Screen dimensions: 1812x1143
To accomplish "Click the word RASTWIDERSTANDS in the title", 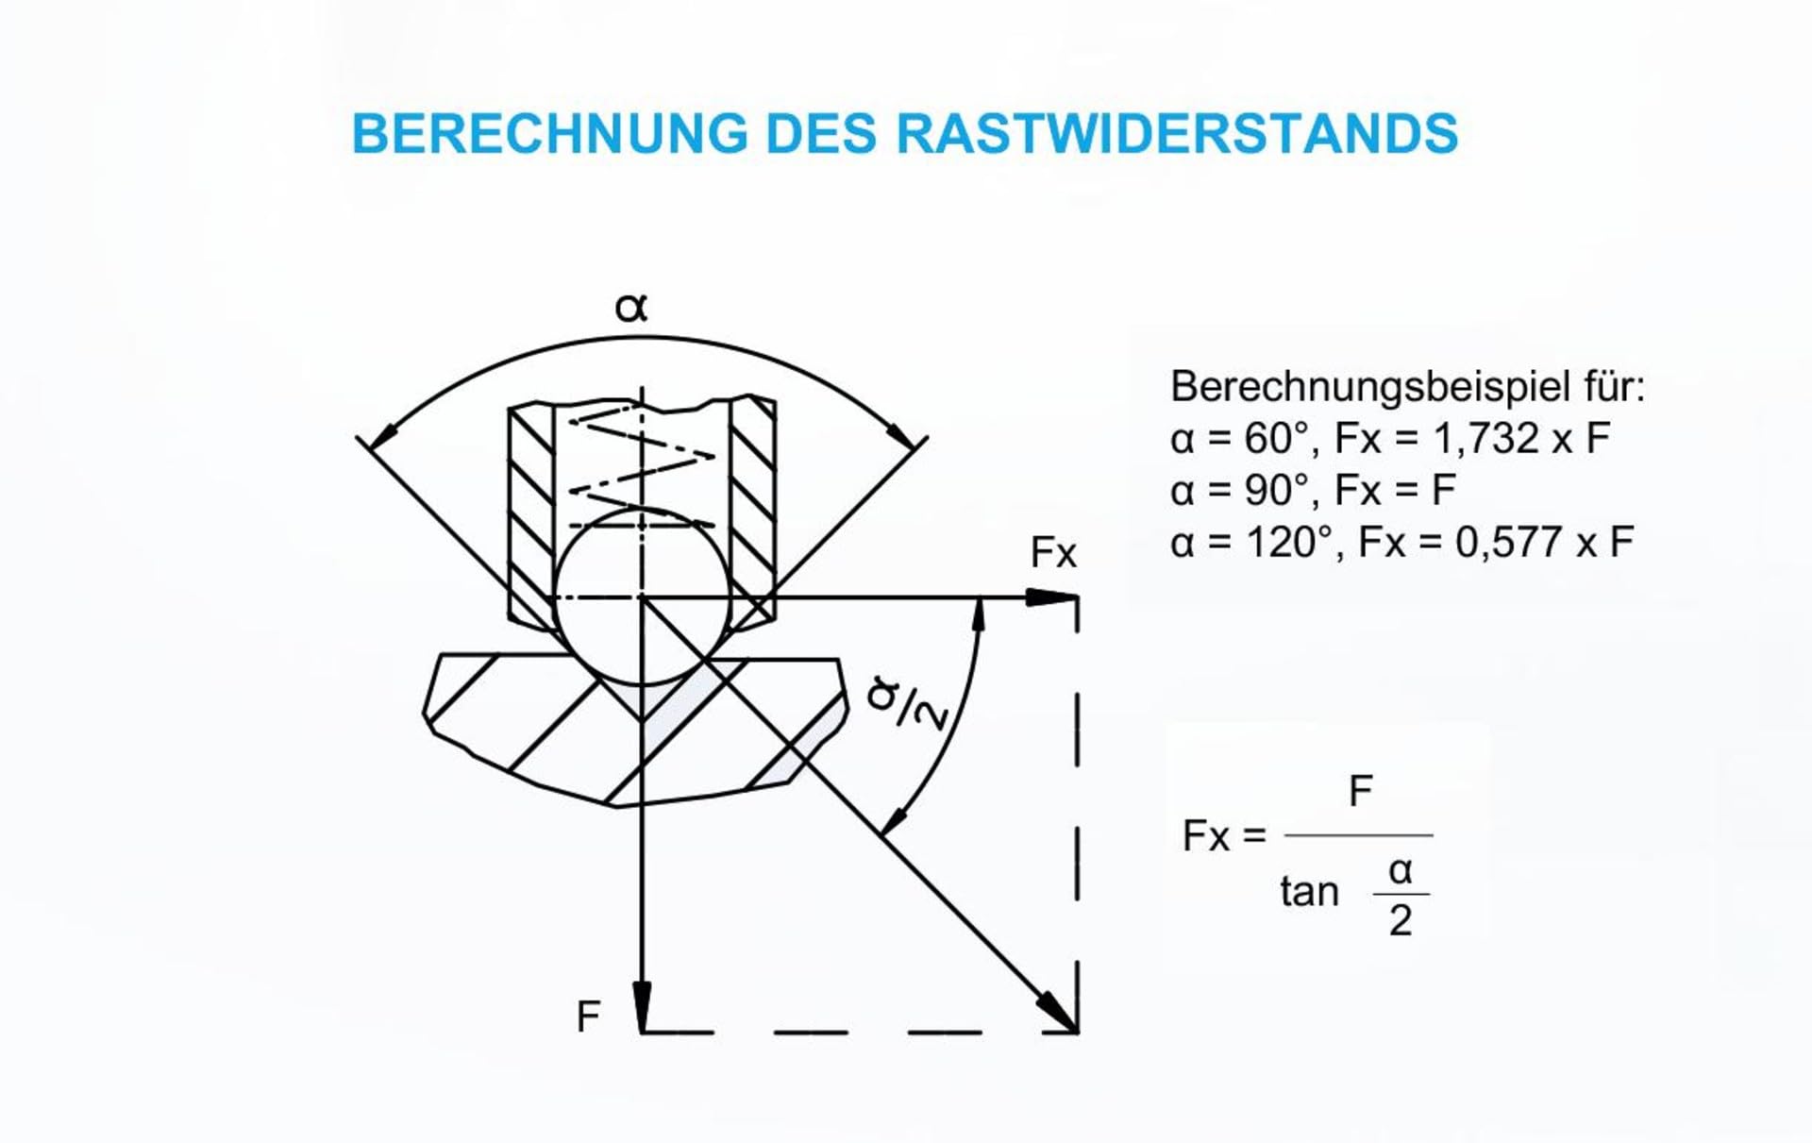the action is point(1177,133).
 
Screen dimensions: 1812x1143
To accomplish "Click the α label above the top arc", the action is point(631,307).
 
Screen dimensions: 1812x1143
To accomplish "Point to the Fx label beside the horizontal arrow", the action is point(1053,553).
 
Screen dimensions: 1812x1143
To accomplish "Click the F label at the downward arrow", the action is point(588,1017).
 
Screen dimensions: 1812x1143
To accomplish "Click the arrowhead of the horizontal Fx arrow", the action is point(1052,597).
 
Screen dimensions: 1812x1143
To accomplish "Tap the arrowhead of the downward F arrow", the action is point(642,1007).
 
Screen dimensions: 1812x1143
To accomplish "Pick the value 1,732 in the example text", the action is point(1486,439).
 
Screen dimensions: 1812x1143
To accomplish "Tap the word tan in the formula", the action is point(1309,891).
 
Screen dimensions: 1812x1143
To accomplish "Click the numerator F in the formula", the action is point(1360,791).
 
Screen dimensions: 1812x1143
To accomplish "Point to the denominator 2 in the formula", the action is point(1401,920).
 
